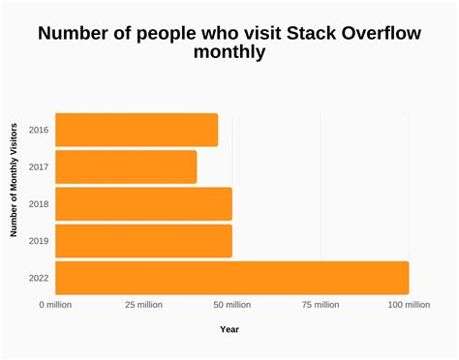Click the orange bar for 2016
(137, 130)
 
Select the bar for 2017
(126, 166)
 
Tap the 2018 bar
(143, 203)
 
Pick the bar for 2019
(143, 240)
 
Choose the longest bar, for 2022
(232, 278)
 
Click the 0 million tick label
(55, 305)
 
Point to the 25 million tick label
(143, 305)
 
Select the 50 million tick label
(231, 305)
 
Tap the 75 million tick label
(320, 305)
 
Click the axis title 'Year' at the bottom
(229, 330)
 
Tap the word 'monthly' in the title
(229, 52)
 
